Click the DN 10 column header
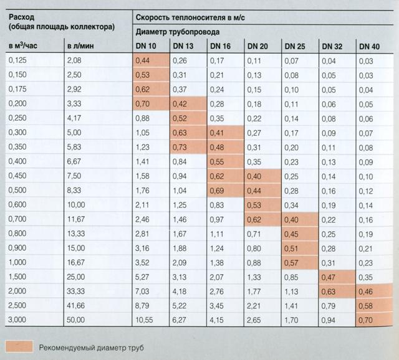pos(145,47)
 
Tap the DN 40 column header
pos(370,47)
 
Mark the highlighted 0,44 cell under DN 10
pos(144,60)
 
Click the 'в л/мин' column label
pos(79,47)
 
